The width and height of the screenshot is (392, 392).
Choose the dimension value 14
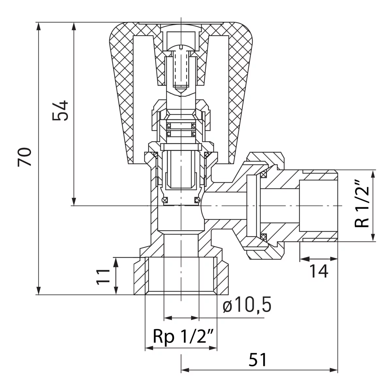pyautogui.click(x=318, y=271)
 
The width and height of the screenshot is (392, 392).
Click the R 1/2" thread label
pyautogui.click(x=362, y=205)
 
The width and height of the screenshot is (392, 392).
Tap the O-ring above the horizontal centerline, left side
pyautogui.click(x=165, y=200)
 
